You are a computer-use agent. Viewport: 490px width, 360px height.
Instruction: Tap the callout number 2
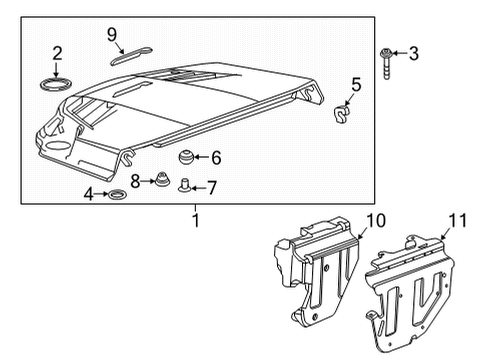pos(58,52)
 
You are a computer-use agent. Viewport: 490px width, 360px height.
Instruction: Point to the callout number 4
pos(89,193)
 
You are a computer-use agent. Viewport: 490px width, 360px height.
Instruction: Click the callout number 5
pos(355,85)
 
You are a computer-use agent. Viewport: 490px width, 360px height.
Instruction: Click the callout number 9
pos(113,35)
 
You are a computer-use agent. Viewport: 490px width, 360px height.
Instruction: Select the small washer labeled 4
pos(117,193)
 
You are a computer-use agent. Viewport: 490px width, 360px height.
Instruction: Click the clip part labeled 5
pos(342,117)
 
